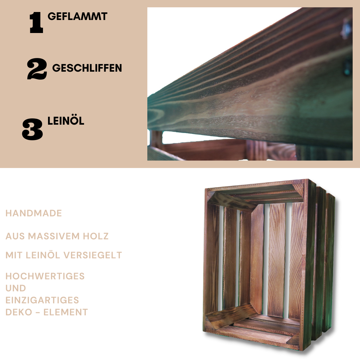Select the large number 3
point(33,129)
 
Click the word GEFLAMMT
point(77,16)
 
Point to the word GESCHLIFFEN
point(87,68)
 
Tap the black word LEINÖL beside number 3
point(66,121)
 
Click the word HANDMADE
point(34,213)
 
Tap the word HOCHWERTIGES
point(45,276)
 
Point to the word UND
point(16,288)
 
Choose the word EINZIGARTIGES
point(42,300)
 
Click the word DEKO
point(18,312)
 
